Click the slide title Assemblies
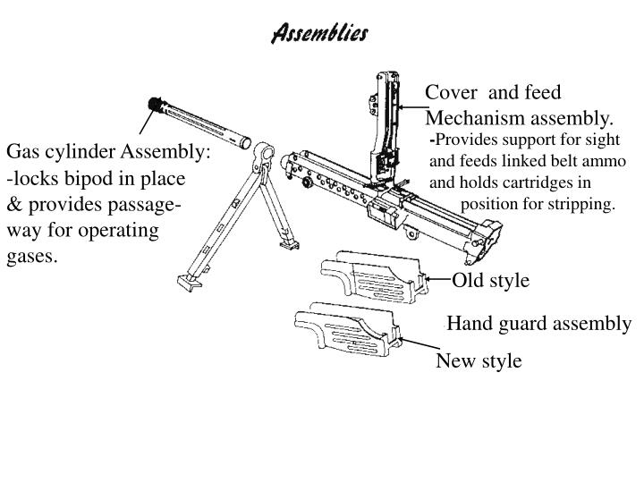pyautogui.click(x=318, y=33)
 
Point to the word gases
pyautogui.click(x=32, y=257)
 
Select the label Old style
pyautogui.click(x=490, y=281)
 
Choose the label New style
pyautogui.click(x=479, y=361)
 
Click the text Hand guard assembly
pyautogui.click(x=538, y=323)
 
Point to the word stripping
pyautogui.click(x=583, y=204)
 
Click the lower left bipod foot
pyautogui.click(x=184, y=281)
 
